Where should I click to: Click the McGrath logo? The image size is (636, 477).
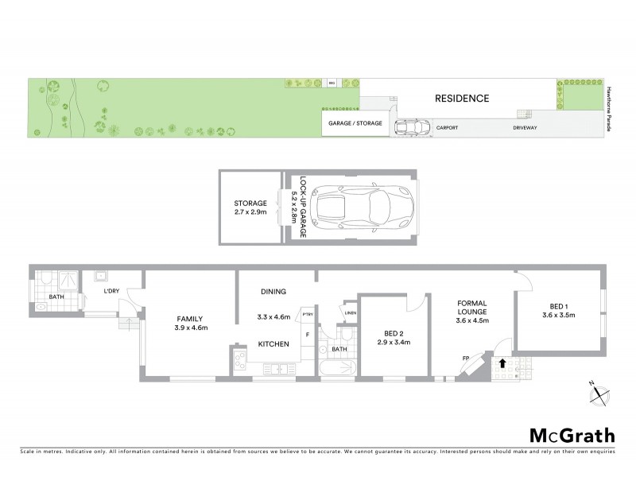point(572,435)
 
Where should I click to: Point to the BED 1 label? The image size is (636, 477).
point(559,306)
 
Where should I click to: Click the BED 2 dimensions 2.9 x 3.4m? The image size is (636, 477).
point(393,343)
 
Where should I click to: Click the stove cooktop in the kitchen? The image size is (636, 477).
point(239,362)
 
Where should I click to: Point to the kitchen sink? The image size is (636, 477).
point(277,368)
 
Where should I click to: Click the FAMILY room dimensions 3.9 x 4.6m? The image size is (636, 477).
point(191,328)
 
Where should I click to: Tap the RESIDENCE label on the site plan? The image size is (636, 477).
point(461,99)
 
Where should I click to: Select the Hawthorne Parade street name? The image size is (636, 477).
point(610,109)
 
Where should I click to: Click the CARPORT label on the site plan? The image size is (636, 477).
point(446,127)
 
